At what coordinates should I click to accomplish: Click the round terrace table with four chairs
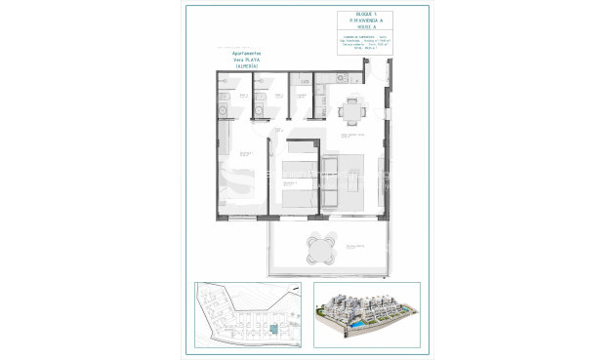(318, 249)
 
